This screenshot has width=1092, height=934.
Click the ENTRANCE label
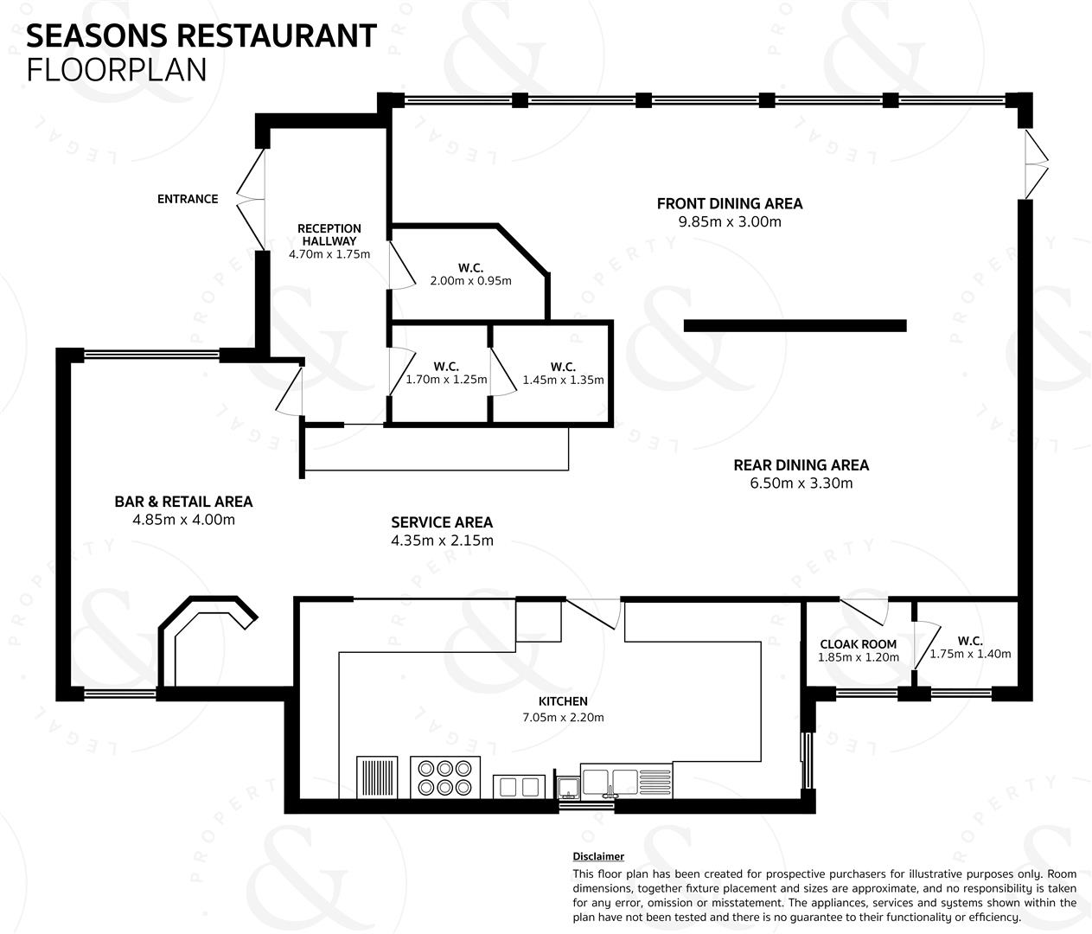pos(188,199)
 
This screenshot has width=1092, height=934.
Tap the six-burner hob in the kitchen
pos(444,777)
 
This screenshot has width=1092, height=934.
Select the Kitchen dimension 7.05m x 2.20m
pos(563,717)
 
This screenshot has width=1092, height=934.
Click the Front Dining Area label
pos(730,203)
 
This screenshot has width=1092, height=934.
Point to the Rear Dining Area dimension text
pos(801,483)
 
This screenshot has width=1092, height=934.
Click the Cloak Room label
pos(858,644)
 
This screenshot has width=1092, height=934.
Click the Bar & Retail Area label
pos(183,502)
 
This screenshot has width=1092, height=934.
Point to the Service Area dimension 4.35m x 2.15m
pos(442,541)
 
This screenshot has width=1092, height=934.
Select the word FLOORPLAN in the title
pos(116,70)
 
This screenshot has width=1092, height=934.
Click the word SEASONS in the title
pos(97,36)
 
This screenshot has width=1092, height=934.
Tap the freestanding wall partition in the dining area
pos(795,326)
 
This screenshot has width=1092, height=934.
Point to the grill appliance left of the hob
pos(377,777)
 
